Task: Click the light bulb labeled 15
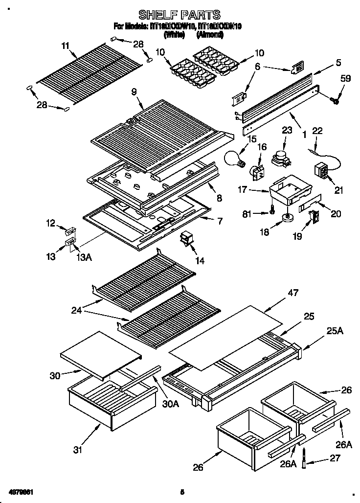tap(234, 159)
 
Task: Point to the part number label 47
tap(292, 293)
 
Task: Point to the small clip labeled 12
tap(68, 229)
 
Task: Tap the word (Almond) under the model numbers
tap(210, 35)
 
